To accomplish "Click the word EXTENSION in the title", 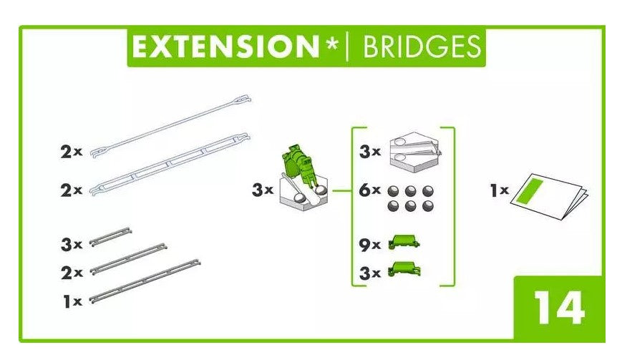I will [x=224, y=47].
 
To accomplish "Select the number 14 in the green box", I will [x=559, y=308].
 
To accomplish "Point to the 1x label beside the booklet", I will [x=499, y=190].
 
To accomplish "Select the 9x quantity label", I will [x=370, y=244].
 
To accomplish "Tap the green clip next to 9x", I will [x=404, y=243].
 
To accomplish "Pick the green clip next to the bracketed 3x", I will [x=404, y=270].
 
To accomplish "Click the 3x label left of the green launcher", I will [x=263, y=190].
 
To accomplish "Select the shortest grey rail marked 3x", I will [x=110, y=238].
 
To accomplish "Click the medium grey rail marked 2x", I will [x=128, y=259].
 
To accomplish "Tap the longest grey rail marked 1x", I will [x=144, y=278].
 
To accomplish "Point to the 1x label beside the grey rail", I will [x=72, y=302].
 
